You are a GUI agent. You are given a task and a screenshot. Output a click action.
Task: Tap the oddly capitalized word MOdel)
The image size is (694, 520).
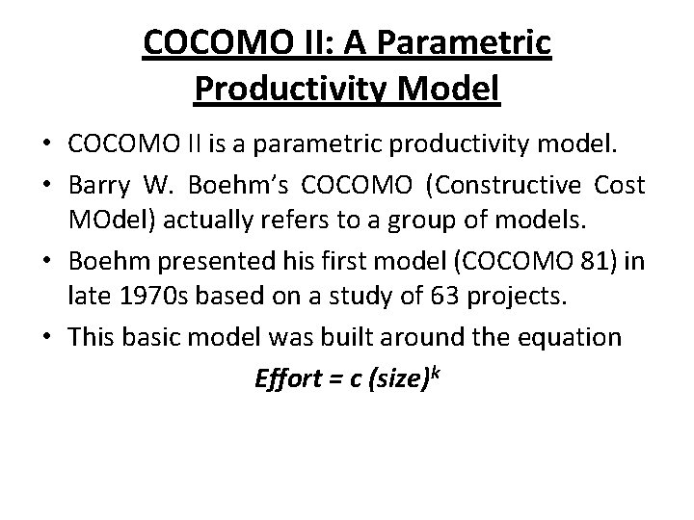pyautogui.click(x=106, y=213)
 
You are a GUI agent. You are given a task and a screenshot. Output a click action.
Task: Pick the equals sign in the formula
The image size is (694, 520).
pyautogui.click(x=335, y=377)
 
